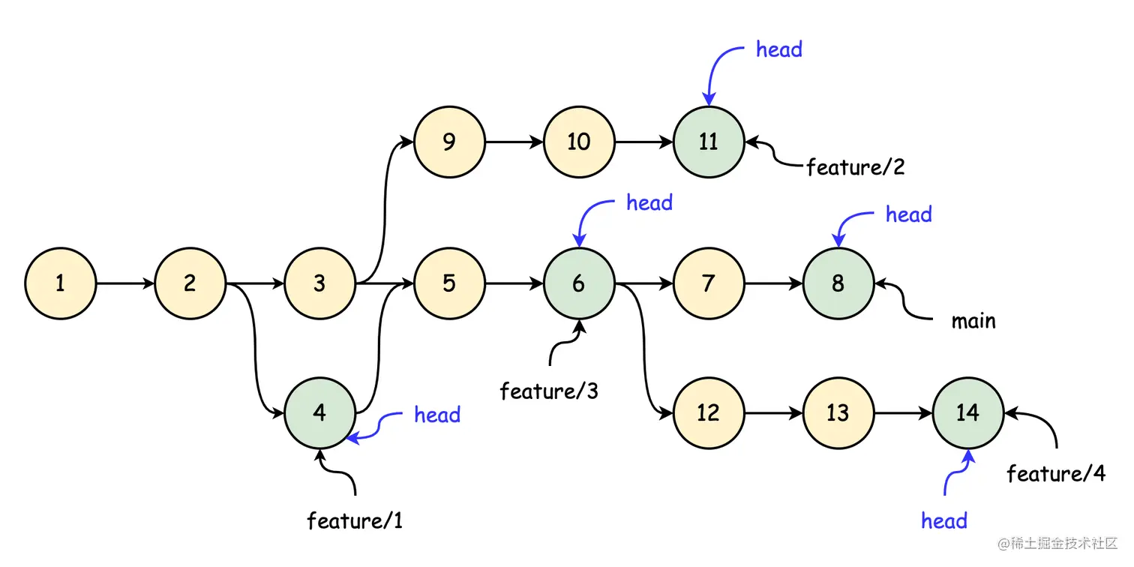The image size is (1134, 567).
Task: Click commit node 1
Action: (60, 284)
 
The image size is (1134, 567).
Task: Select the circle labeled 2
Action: (190, 284)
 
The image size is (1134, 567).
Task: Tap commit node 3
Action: (319, 284)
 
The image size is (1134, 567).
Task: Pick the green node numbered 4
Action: (319, 413)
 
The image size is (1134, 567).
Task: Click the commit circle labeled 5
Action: (449, 284)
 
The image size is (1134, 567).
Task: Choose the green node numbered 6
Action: (579, 284)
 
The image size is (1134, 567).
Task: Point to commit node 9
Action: (449, 142)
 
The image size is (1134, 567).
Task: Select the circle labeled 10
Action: (579, 142)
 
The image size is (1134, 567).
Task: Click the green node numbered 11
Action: (709, 142)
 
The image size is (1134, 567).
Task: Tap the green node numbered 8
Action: (838, 284)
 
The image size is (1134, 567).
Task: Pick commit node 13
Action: (838, 413)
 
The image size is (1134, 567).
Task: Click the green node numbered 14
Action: (967, 413)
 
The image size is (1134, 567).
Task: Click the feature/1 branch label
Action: (355, 520)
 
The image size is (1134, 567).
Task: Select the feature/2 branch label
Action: (856, 167)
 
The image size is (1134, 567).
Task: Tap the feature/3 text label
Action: (549, 391)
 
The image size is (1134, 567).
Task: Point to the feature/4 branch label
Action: (1056, 474)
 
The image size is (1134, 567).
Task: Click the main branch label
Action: (973, 322)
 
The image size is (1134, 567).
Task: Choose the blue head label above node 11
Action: (779, 50)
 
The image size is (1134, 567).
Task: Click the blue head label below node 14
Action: (944, 521)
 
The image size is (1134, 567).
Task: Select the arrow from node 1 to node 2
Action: (125, 284)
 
